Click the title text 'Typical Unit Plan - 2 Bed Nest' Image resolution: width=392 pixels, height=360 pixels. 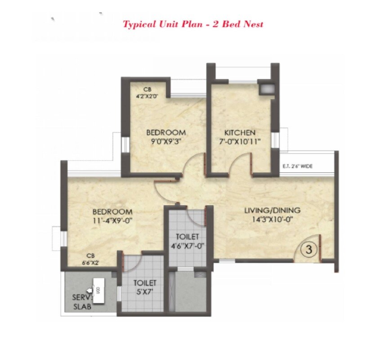pos(193,23)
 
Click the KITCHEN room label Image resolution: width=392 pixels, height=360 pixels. pos(240,133)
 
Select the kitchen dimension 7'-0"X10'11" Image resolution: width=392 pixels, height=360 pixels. pos(240,142)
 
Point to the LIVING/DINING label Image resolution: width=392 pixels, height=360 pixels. pos(272,210)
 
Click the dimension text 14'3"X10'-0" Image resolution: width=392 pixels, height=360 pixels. pos(272,220)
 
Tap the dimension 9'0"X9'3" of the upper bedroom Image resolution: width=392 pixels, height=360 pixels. pos(166,142)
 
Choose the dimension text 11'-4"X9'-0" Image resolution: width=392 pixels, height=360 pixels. pos(112,220)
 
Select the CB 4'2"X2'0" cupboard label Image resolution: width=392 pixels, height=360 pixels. pos(147,93)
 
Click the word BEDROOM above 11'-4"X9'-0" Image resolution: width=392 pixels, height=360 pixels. pos(112,211)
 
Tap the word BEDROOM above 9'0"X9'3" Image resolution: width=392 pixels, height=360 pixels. pos(166,133)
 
